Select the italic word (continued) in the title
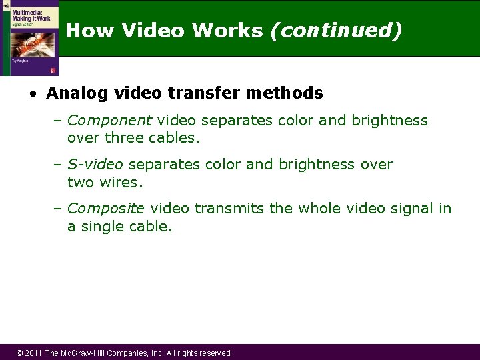[x=336, y=31]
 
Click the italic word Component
[x=110, y=121]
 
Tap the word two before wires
[x=81, y=183]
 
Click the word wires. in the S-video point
[x=122, y=183]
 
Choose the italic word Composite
[x=106, y=209]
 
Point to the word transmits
[x=229, y=209]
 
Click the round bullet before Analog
[x=32, y=94]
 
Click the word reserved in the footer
[x=211, y=353]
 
